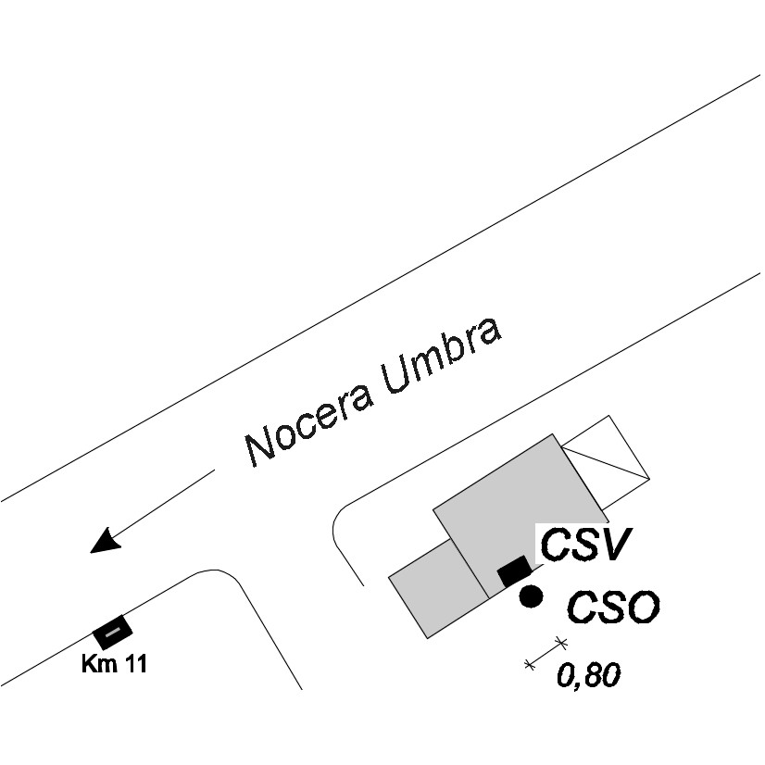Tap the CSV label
pos(585,544)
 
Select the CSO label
pos(613,608)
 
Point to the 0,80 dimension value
pos(588,675)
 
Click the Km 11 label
pos(114,664)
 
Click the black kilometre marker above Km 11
pos(113,633)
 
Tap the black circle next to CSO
pos(531,596)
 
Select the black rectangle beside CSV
pos(514,571)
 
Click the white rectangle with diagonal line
pos(606,462)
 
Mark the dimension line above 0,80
pos(546,653)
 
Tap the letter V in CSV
pos(616,544)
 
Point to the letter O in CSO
pos(643,608)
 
